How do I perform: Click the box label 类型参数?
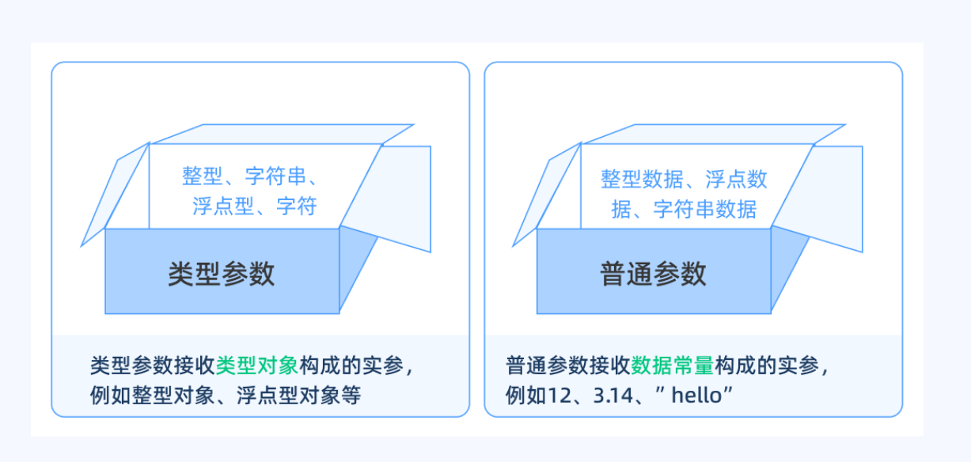[222, 274]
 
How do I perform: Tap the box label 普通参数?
[654, 274]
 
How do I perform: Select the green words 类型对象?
[256, 365]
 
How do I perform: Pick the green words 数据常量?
[673, 365]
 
